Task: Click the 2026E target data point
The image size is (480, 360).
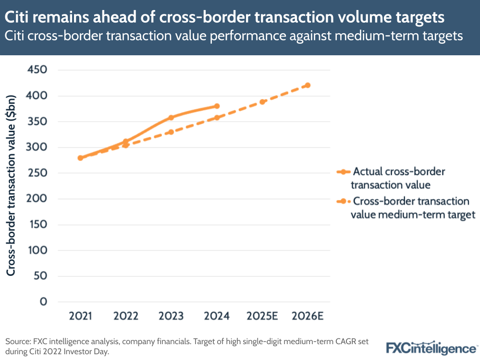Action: coord(308,85)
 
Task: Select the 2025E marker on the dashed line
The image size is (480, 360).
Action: coord(262,102)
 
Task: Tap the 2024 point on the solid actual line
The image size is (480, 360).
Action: coord(217,106)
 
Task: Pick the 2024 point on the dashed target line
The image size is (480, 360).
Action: coord(217,117)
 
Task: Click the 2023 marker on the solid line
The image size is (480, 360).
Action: coord(171,117)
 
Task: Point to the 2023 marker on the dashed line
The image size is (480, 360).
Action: coord(171,132)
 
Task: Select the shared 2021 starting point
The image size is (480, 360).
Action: coord(80,158)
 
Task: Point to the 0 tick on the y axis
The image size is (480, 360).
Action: coord(44,302)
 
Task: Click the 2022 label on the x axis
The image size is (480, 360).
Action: coord(126,316)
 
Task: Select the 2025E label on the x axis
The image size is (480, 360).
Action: coord(262,316)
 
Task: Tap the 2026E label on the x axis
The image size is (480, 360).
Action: coord(308,316)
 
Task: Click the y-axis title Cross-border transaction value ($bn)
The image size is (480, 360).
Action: coord(11,185)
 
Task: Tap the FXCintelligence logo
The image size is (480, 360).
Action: coord(431,347)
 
